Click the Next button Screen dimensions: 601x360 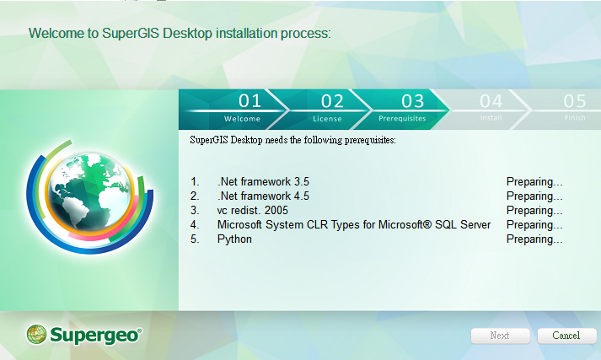(500, 336)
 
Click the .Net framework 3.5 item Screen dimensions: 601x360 (263, 182)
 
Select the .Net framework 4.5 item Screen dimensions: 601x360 (263, 196)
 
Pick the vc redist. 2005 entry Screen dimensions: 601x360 (253, 211)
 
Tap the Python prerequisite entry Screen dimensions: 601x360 (234, 239)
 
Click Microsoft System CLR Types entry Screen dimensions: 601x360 (354, 224)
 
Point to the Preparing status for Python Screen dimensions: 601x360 (534, 239)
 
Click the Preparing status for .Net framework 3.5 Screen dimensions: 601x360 (534, 182)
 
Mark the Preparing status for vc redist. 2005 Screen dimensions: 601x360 (534, 211)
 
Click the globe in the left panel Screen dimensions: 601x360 (90, 191)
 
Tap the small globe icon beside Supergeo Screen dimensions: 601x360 (36, 335)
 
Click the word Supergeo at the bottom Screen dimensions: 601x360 (95, 336)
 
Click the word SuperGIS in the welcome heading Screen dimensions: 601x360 (131, 34)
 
